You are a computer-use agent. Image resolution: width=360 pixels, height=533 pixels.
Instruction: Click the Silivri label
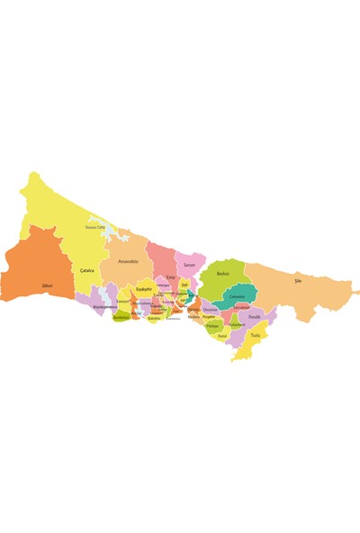click(x=48, y=285)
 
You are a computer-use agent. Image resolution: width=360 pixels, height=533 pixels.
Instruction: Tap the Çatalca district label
click(x=87, y=270)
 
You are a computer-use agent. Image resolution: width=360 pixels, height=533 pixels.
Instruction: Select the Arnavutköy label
click(x=128, y=261)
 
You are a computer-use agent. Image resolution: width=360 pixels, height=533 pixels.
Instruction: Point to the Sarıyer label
click(x=189, y=265)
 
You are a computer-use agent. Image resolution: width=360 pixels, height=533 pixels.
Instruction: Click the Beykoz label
click(x=222, y=273)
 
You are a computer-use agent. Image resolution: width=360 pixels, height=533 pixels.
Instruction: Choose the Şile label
click(x=298, y=281)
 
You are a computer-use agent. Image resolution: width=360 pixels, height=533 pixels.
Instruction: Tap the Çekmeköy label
click(x=237, y=296)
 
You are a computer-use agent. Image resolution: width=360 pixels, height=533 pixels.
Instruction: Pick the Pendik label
click(x=254, y=317)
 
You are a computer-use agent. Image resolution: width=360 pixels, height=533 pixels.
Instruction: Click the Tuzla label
click(x=256, y=335)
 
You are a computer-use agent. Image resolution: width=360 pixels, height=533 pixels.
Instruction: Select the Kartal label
click(x=222, y=335)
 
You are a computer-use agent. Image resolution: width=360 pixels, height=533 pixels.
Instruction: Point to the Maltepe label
click(x=212, y=326)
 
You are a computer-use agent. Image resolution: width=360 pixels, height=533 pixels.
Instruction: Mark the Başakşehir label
click(x=144, y=289)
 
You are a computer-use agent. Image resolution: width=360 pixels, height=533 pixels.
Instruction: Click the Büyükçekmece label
click(x=104, y=306)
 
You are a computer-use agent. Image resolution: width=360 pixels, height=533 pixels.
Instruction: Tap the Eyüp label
click(x=170, y=276)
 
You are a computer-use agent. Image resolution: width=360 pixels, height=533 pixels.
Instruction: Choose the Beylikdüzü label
click(x=121, y=317)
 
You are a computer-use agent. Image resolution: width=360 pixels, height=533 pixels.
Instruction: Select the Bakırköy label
click(x=154, y=318)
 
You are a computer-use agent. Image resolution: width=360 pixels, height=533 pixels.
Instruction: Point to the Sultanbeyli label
click(x=237, y=324)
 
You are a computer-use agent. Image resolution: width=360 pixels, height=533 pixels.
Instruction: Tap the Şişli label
click(x=184, y=284)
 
